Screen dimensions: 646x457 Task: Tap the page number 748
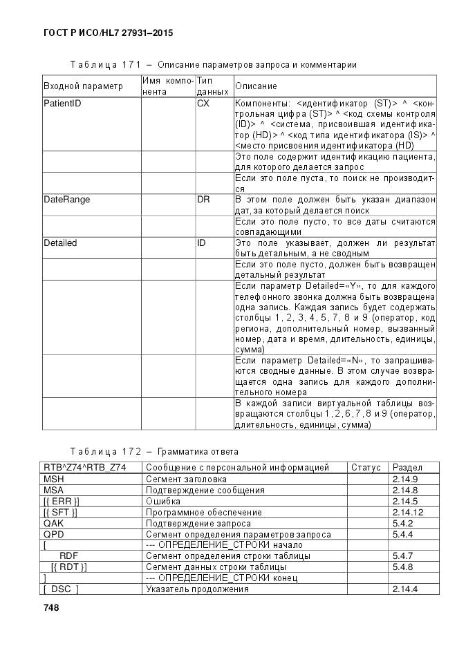[51, 607]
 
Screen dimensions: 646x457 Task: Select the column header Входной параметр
[83, 86]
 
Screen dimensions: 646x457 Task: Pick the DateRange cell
[66, 200]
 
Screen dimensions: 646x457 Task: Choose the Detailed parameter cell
[60, 243]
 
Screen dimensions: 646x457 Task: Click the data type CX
[203, 103]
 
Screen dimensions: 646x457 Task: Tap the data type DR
[203, 200]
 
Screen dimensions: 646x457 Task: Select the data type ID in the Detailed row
[201, 243]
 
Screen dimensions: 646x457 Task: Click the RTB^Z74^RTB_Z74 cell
[84, 468]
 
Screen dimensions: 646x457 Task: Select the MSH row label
[53, 479]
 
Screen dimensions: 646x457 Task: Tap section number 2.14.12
[407, 512]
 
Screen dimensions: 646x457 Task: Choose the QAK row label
[53, 523]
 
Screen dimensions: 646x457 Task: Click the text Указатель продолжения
[197, 589]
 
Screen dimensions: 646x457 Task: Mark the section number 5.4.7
[402, 556]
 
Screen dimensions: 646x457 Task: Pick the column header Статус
[366, 468]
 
